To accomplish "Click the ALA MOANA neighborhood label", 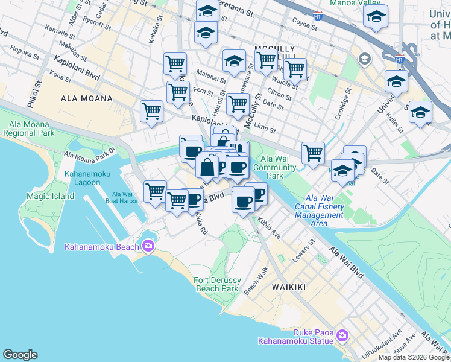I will tap(86, 98).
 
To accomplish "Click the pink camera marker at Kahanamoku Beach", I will tap(148, 246).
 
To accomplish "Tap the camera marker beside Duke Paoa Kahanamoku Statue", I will tap(342, 335).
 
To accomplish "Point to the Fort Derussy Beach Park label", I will tap(217, 284).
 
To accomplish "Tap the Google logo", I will tap(20, 355).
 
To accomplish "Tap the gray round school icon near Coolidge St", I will tap(364, 59).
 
